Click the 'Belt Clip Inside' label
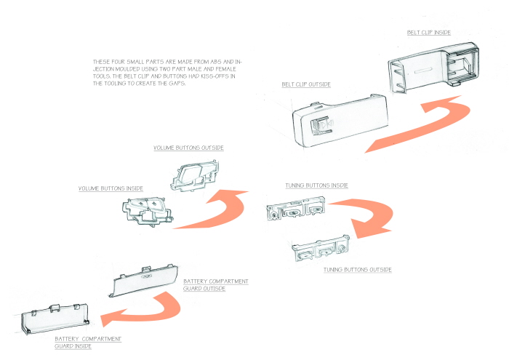[429, 33]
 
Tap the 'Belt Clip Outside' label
[306, 84]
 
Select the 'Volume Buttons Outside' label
[188, 148]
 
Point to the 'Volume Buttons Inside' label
[111, 188]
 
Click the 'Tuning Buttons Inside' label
[316, 185]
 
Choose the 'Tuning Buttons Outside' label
[358, 269]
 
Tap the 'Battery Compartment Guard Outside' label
[215, 284]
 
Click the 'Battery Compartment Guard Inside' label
[88, 343]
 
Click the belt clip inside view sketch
[433, 68]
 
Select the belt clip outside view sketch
[340, 120]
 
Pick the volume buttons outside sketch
[194, 175]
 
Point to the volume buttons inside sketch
[148, 211]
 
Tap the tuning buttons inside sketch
[296, 209]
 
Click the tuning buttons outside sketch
[321, 248]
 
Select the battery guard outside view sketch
[143, 281]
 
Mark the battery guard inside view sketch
[55, 319]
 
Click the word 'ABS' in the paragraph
[215, 62]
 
